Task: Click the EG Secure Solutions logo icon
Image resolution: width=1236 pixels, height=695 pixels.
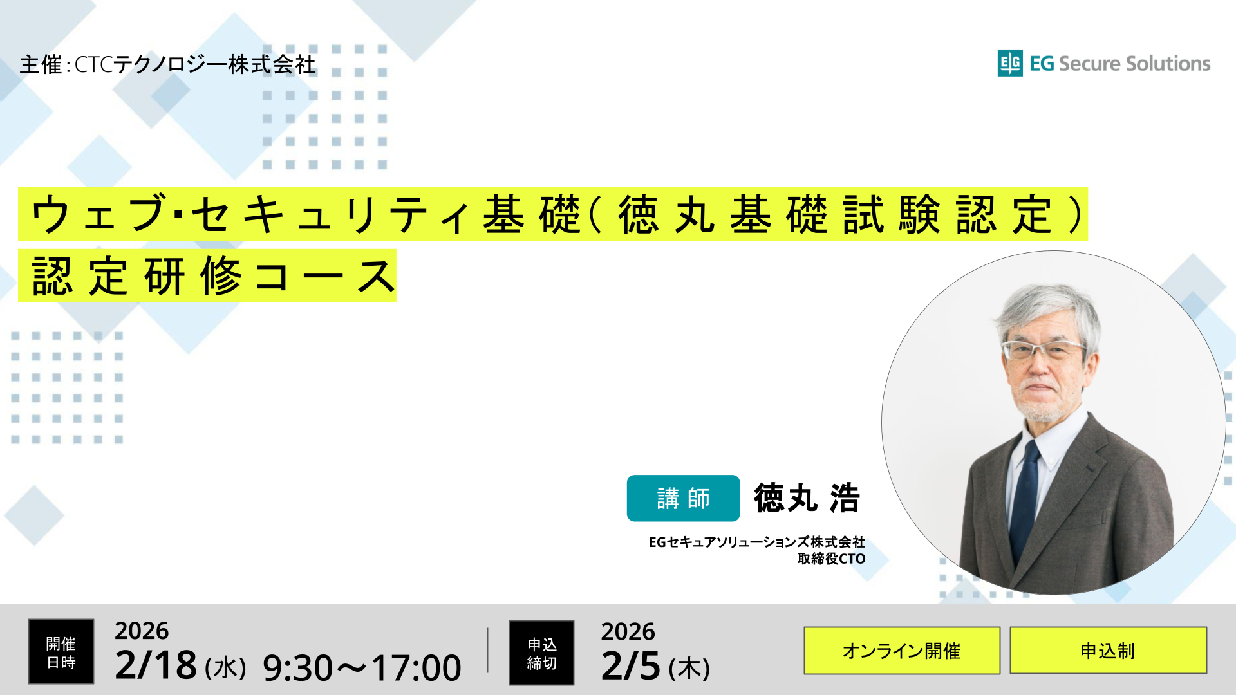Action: click(1010, 63)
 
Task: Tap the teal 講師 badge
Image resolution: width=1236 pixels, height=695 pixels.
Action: click(683, 498)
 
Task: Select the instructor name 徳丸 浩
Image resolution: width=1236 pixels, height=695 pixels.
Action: click(807, 498)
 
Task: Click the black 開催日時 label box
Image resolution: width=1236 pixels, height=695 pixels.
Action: click(61, 652)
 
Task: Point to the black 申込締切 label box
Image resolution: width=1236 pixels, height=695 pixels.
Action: click(541, 653)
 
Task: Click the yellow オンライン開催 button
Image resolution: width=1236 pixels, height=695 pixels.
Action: click(901, 651)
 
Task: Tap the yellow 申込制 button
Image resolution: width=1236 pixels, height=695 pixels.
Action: click(1107, 651)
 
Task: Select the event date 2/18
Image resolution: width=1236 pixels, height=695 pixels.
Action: click(156, 665)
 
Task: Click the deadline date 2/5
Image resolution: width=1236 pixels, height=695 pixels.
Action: click(631, 666)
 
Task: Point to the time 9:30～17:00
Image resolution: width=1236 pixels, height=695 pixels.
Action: click(362, 668)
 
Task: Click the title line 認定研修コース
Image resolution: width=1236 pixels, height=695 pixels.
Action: click(212, 277)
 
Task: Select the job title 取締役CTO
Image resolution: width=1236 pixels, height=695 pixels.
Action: click(831, 559)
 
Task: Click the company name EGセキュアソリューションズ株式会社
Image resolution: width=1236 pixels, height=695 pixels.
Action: click(756, 542)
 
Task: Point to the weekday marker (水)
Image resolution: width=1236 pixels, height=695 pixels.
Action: click(225, 668)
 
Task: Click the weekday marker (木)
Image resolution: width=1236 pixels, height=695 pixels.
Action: click(689, 669)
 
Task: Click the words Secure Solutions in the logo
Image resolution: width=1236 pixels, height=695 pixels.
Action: click(1134, 64)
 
